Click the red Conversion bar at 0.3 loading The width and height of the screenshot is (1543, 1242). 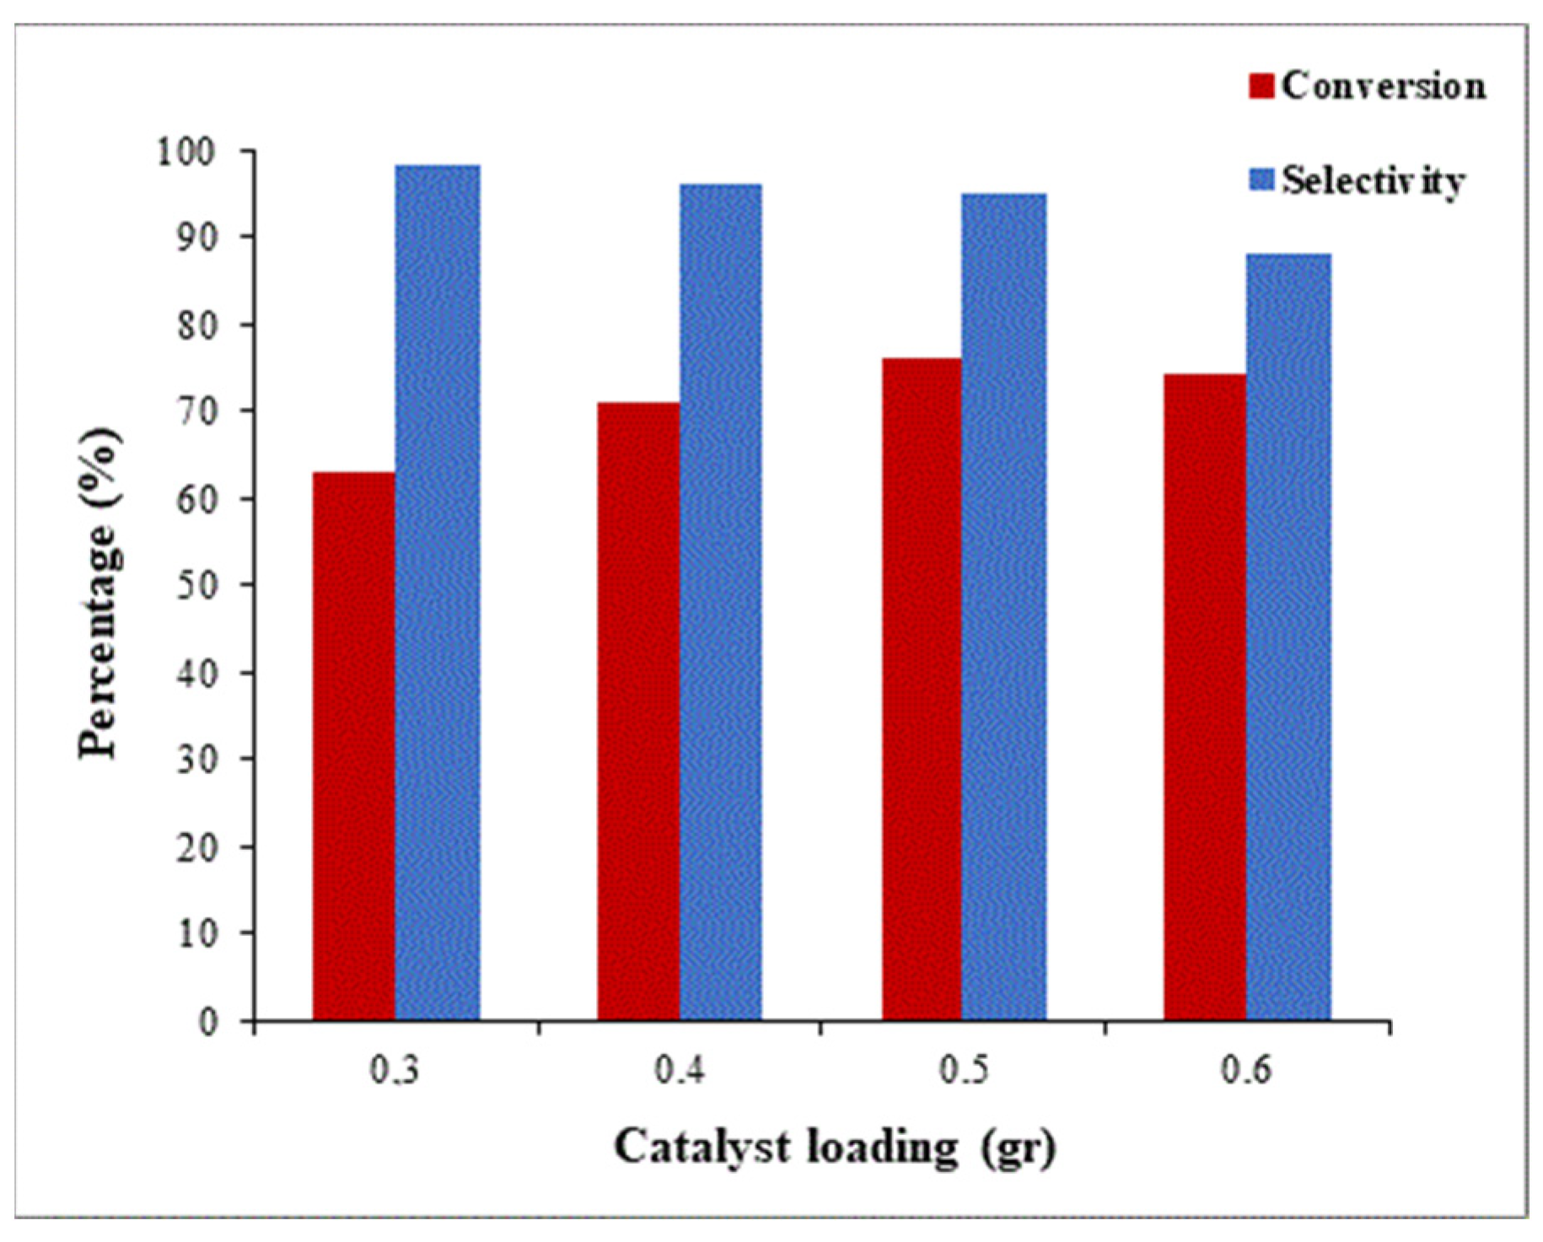[x=354, y=746]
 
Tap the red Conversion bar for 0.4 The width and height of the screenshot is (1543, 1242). [x=638, y=712]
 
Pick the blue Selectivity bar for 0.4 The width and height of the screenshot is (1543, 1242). [x=721, y=602]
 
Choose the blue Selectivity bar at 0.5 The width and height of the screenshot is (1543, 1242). [x=1003, y=607]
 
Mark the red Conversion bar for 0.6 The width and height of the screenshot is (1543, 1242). [x=1204, y=697]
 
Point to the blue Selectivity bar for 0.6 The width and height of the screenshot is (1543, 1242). [x=1288, y=637]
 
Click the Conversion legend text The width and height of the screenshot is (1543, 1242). [x=1383, y=85]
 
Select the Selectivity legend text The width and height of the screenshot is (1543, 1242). [x=1373, y=180]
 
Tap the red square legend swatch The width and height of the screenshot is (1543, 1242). [x=1261, y=86]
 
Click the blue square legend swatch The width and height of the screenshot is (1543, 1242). [x=1261, y=180]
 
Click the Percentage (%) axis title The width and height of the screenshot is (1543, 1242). [x=99, y=594]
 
